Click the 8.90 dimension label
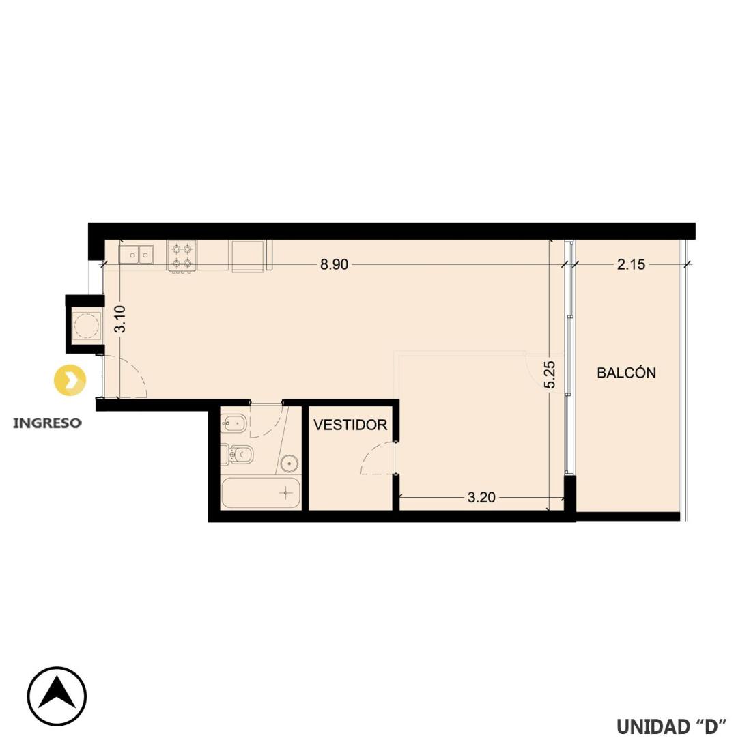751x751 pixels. point(334,264)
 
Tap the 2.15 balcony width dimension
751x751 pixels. point(631,264)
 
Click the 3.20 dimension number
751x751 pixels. point(481,498)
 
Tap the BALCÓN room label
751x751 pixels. point(627,373)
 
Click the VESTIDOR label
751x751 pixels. point(350,425)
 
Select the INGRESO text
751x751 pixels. point(47,423)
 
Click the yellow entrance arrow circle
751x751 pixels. point(70,380)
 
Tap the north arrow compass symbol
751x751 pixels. point(57,696)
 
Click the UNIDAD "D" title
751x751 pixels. point(672,726)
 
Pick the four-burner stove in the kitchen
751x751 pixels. point(182,256)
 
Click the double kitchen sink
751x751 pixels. point(136,254)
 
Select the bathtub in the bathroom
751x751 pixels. point(261,493)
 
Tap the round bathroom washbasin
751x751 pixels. point(289,463)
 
